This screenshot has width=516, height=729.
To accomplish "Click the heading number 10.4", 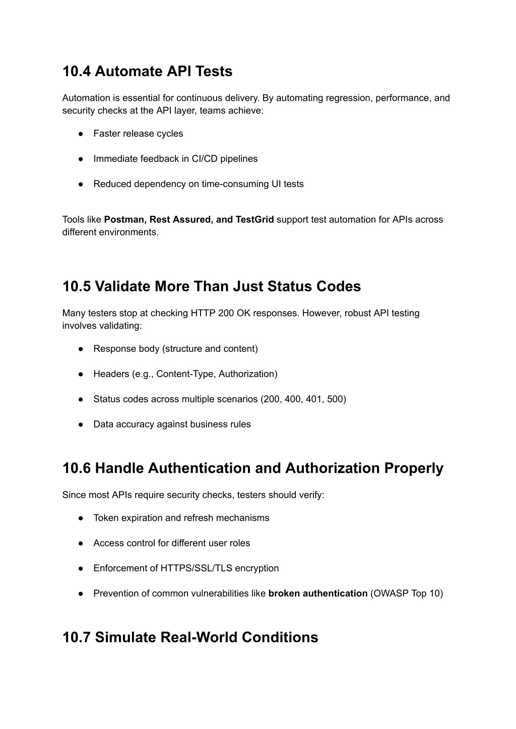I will click(76, 72).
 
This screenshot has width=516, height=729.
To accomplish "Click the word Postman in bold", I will click(124, 220).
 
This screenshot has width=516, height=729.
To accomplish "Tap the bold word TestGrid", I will click(254, 220).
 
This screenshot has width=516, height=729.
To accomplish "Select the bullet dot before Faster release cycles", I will click(81, 134).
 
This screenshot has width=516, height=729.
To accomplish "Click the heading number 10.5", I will click(76, 286).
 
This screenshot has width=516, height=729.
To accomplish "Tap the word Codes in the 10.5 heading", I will click(339, 286).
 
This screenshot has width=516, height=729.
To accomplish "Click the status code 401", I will click(313, 399).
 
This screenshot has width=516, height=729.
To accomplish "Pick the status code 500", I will click(335, 399).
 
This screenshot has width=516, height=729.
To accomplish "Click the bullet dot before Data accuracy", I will click(81, 424).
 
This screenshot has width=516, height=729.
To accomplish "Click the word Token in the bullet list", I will click(105, 518).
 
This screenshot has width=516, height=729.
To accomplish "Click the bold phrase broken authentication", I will click(318, 593).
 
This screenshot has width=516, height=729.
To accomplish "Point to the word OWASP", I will click(391, 593).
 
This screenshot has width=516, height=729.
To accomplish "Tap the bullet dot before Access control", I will click(81, 543).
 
